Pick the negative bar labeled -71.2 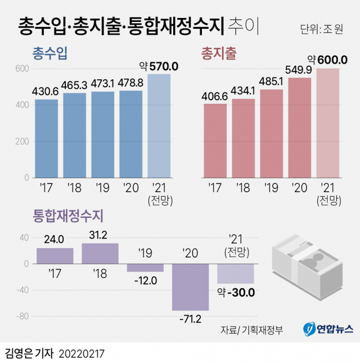191,287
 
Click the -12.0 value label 145,280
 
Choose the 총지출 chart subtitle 218,53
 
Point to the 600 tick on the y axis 21,69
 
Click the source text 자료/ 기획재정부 251,329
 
